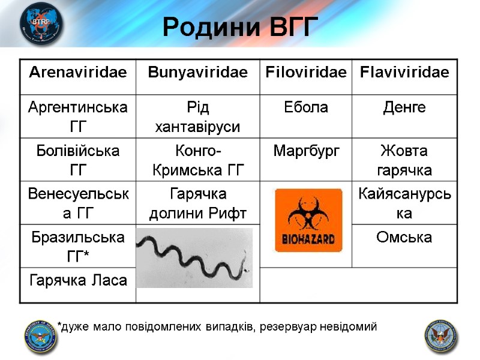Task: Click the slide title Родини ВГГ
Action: (239, 27)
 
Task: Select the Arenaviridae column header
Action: (77, 73)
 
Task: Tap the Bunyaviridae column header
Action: (197, 73)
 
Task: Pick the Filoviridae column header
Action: (306, 73)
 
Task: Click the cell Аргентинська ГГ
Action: (77, 117)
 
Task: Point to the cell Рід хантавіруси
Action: (197, 117)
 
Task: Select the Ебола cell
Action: (306, 108)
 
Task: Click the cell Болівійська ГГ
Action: (77, 160)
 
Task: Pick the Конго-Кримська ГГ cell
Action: (197, 160)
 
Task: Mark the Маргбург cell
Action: (306, 151)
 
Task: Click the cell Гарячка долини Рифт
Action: (197, 203)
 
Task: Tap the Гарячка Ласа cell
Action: (77, 280)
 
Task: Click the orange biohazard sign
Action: (308, 220)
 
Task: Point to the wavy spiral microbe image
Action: (194, 258)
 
